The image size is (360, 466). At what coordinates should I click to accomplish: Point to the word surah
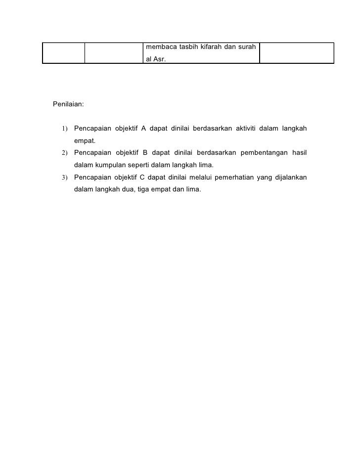(246, 47)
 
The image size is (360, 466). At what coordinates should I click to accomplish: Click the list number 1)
(66, 130)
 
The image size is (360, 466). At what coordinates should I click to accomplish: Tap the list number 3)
(66, 177)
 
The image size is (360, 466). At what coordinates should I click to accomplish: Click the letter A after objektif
(143, 129)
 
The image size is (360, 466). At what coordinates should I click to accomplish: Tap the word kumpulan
(110, 165)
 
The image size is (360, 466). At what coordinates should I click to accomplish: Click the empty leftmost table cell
(63, 53)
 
